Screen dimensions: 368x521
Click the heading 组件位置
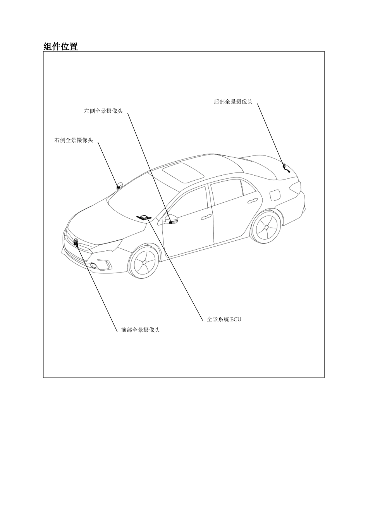coord(61,47)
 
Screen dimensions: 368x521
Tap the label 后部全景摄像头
coord(233,102)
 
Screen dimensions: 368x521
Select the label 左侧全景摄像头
coord(103,111)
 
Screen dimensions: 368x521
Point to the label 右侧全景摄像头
coord(74,140)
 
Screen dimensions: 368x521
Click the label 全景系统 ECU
coord(224,319)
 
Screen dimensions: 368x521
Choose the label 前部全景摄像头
coord(140,330)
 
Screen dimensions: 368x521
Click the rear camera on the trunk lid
coord(286,169)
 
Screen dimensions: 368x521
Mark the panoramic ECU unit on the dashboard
coord(144,217)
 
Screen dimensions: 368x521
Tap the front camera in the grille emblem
coord(76,242)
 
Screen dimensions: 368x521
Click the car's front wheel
coord(144,262)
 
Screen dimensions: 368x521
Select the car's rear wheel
coord(267,226)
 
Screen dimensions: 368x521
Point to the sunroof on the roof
coord(183,173)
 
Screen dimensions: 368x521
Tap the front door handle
coord(206,217)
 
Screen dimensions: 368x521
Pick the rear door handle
coord(253,200)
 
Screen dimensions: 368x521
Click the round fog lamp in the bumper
coord(94,265)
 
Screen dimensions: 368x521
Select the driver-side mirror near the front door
coord(171,219)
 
